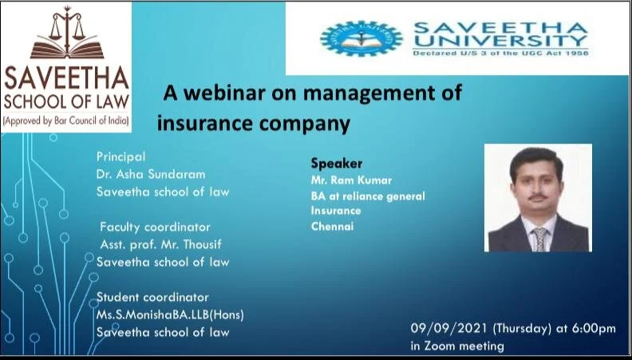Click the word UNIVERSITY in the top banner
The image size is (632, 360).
[500, 39]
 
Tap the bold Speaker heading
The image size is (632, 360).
[336, 164]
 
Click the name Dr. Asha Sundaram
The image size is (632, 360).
[148, 174]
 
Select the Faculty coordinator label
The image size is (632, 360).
[155, 227]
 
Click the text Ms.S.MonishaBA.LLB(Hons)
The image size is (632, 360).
[170, 315]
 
